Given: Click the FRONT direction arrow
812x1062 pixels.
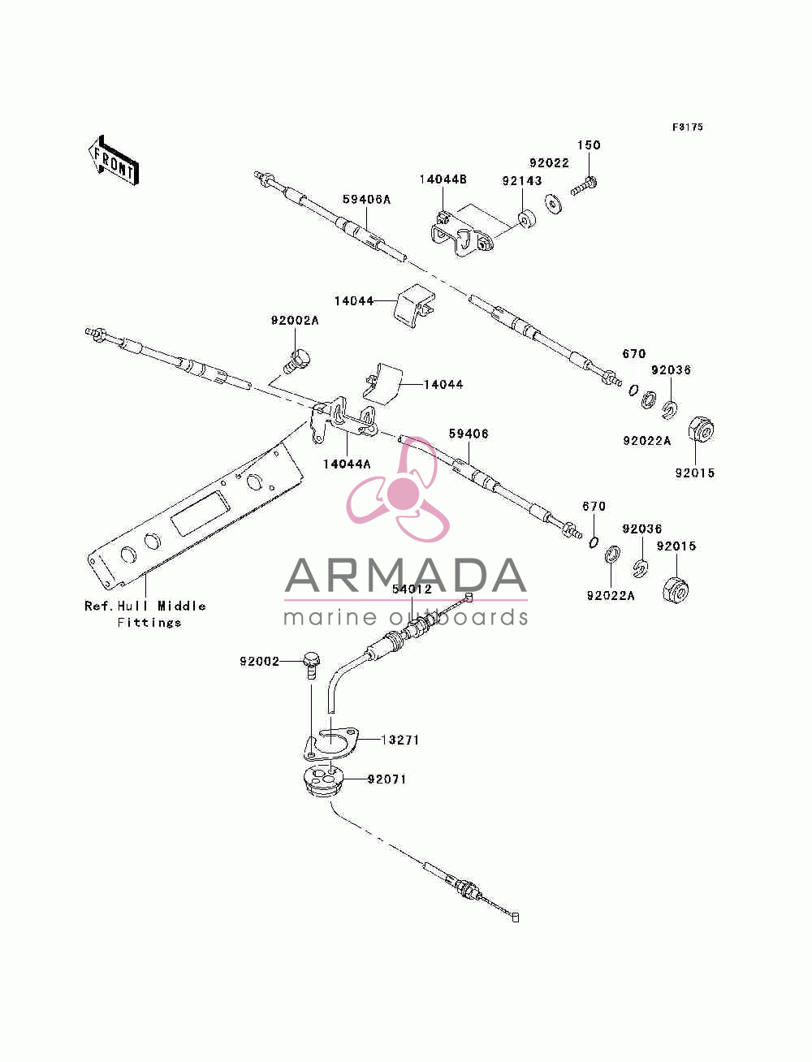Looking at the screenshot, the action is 114,160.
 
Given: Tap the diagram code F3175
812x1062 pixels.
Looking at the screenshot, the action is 687,127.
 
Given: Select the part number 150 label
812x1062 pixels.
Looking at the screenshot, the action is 589,145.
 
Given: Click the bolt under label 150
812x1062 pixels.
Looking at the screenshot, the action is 584,187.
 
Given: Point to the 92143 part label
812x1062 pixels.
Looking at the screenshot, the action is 522,181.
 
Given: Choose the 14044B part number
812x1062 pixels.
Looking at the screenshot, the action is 443,179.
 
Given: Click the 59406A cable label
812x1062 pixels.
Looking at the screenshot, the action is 366,200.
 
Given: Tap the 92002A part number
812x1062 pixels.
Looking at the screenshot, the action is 295,320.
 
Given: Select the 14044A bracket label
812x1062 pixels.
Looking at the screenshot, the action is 347,464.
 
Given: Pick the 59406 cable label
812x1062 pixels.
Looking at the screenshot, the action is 469,434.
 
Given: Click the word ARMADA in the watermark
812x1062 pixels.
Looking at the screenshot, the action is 405,576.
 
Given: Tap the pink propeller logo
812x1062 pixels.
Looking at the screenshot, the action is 398,490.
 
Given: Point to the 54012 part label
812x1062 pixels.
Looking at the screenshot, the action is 412,589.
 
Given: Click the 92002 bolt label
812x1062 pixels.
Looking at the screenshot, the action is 260,662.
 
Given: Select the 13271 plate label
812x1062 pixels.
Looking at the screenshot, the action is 400,740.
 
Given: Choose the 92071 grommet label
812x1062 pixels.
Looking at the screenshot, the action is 387,779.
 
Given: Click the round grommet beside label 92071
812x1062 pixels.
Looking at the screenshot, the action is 322,780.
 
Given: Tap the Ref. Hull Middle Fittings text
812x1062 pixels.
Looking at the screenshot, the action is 145,614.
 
